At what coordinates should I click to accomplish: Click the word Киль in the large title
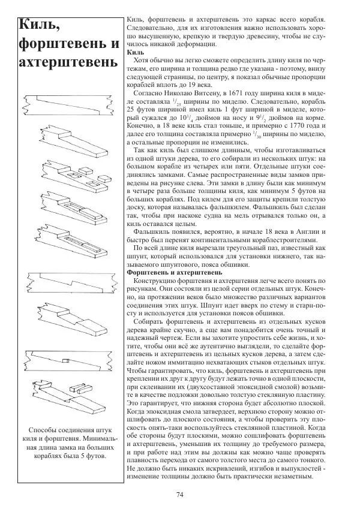click(38, 25)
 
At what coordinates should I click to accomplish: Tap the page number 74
click(179, 494)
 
